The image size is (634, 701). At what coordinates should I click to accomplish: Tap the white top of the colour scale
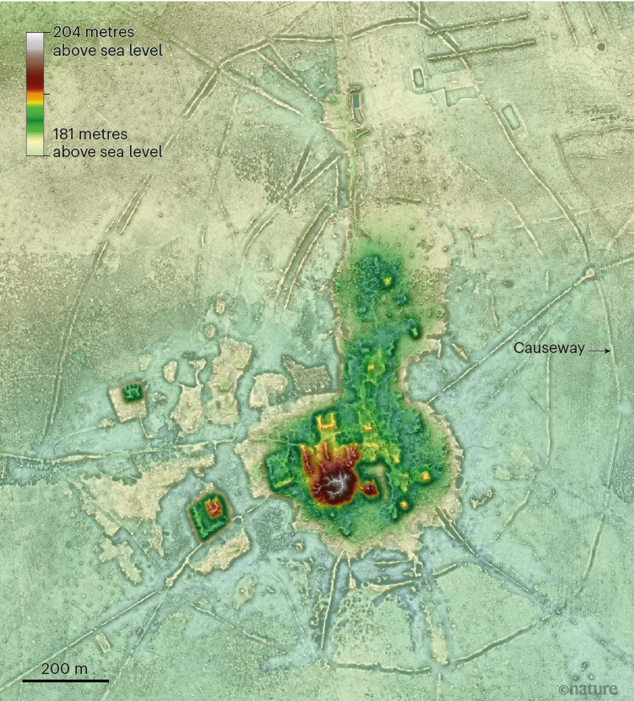(35, 40)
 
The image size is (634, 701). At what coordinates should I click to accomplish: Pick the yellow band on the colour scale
(35, 99)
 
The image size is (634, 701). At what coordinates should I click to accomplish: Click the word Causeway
(550, 348)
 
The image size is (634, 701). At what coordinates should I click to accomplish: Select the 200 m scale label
(64, 668)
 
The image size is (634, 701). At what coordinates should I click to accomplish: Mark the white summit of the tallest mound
(339, 484)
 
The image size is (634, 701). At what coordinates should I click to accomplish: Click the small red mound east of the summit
(370, 489)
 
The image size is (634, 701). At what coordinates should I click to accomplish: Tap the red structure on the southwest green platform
(211, 509)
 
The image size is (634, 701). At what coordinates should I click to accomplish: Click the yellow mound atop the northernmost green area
(389, 280)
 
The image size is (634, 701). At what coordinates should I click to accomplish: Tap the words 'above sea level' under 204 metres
(108, 51)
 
